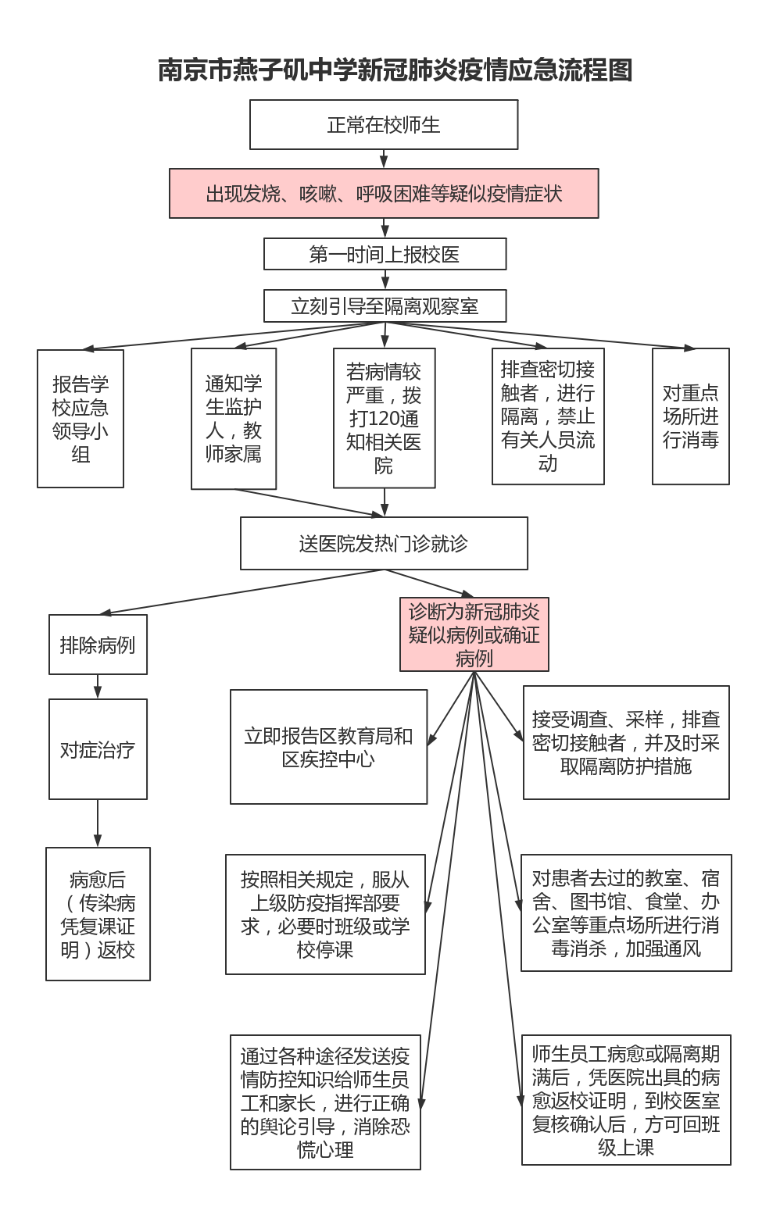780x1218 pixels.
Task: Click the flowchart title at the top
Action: pyautogui.click(x=395, y=70)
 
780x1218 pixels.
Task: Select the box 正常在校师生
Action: pyautogui.click(x=384, y=125)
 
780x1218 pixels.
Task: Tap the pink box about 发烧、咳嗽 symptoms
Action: pyautogui.click(x=384, y=194)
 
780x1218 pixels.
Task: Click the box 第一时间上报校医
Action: pyautogui.click(x=385, y=255)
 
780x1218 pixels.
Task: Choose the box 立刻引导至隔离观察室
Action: pyautogui.click(x=385, y=306)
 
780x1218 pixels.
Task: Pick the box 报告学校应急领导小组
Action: pyautogui.click(x=81, y=419)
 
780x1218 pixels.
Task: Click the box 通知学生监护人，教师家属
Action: pyautogui.click(x=234, y=419)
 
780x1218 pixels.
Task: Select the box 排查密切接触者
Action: pyautogui.click(x=548, y=416)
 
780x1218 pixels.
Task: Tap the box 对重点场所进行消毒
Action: pyautogui.click(x=691, y=416)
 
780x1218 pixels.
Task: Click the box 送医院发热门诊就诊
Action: pyautogui.click(x=384, y=544)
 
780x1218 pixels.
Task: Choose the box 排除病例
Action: pyautogui.click(x=98, y=645)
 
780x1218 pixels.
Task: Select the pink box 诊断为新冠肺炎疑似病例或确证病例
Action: pyautogui.click(x=474, y=634)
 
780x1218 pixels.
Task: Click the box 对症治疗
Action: pyautogui.click(x=98, y=750)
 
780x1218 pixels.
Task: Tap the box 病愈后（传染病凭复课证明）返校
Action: pyautogui.click(x=98, y=914)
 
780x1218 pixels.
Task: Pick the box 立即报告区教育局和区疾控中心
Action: pyautogui.click(x=328, y=747)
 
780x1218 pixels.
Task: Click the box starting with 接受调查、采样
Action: pyautogui.click(x=626, y=742)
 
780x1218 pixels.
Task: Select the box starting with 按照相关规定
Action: pyautogui.click(x=325, y=914)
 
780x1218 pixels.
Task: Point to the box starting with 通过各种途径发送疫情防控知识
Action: pyautogui.click(x=325, y=1102)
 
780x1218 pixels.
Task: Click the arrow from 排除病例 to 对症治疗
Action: pyautogui.click(x=98, y=687)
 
